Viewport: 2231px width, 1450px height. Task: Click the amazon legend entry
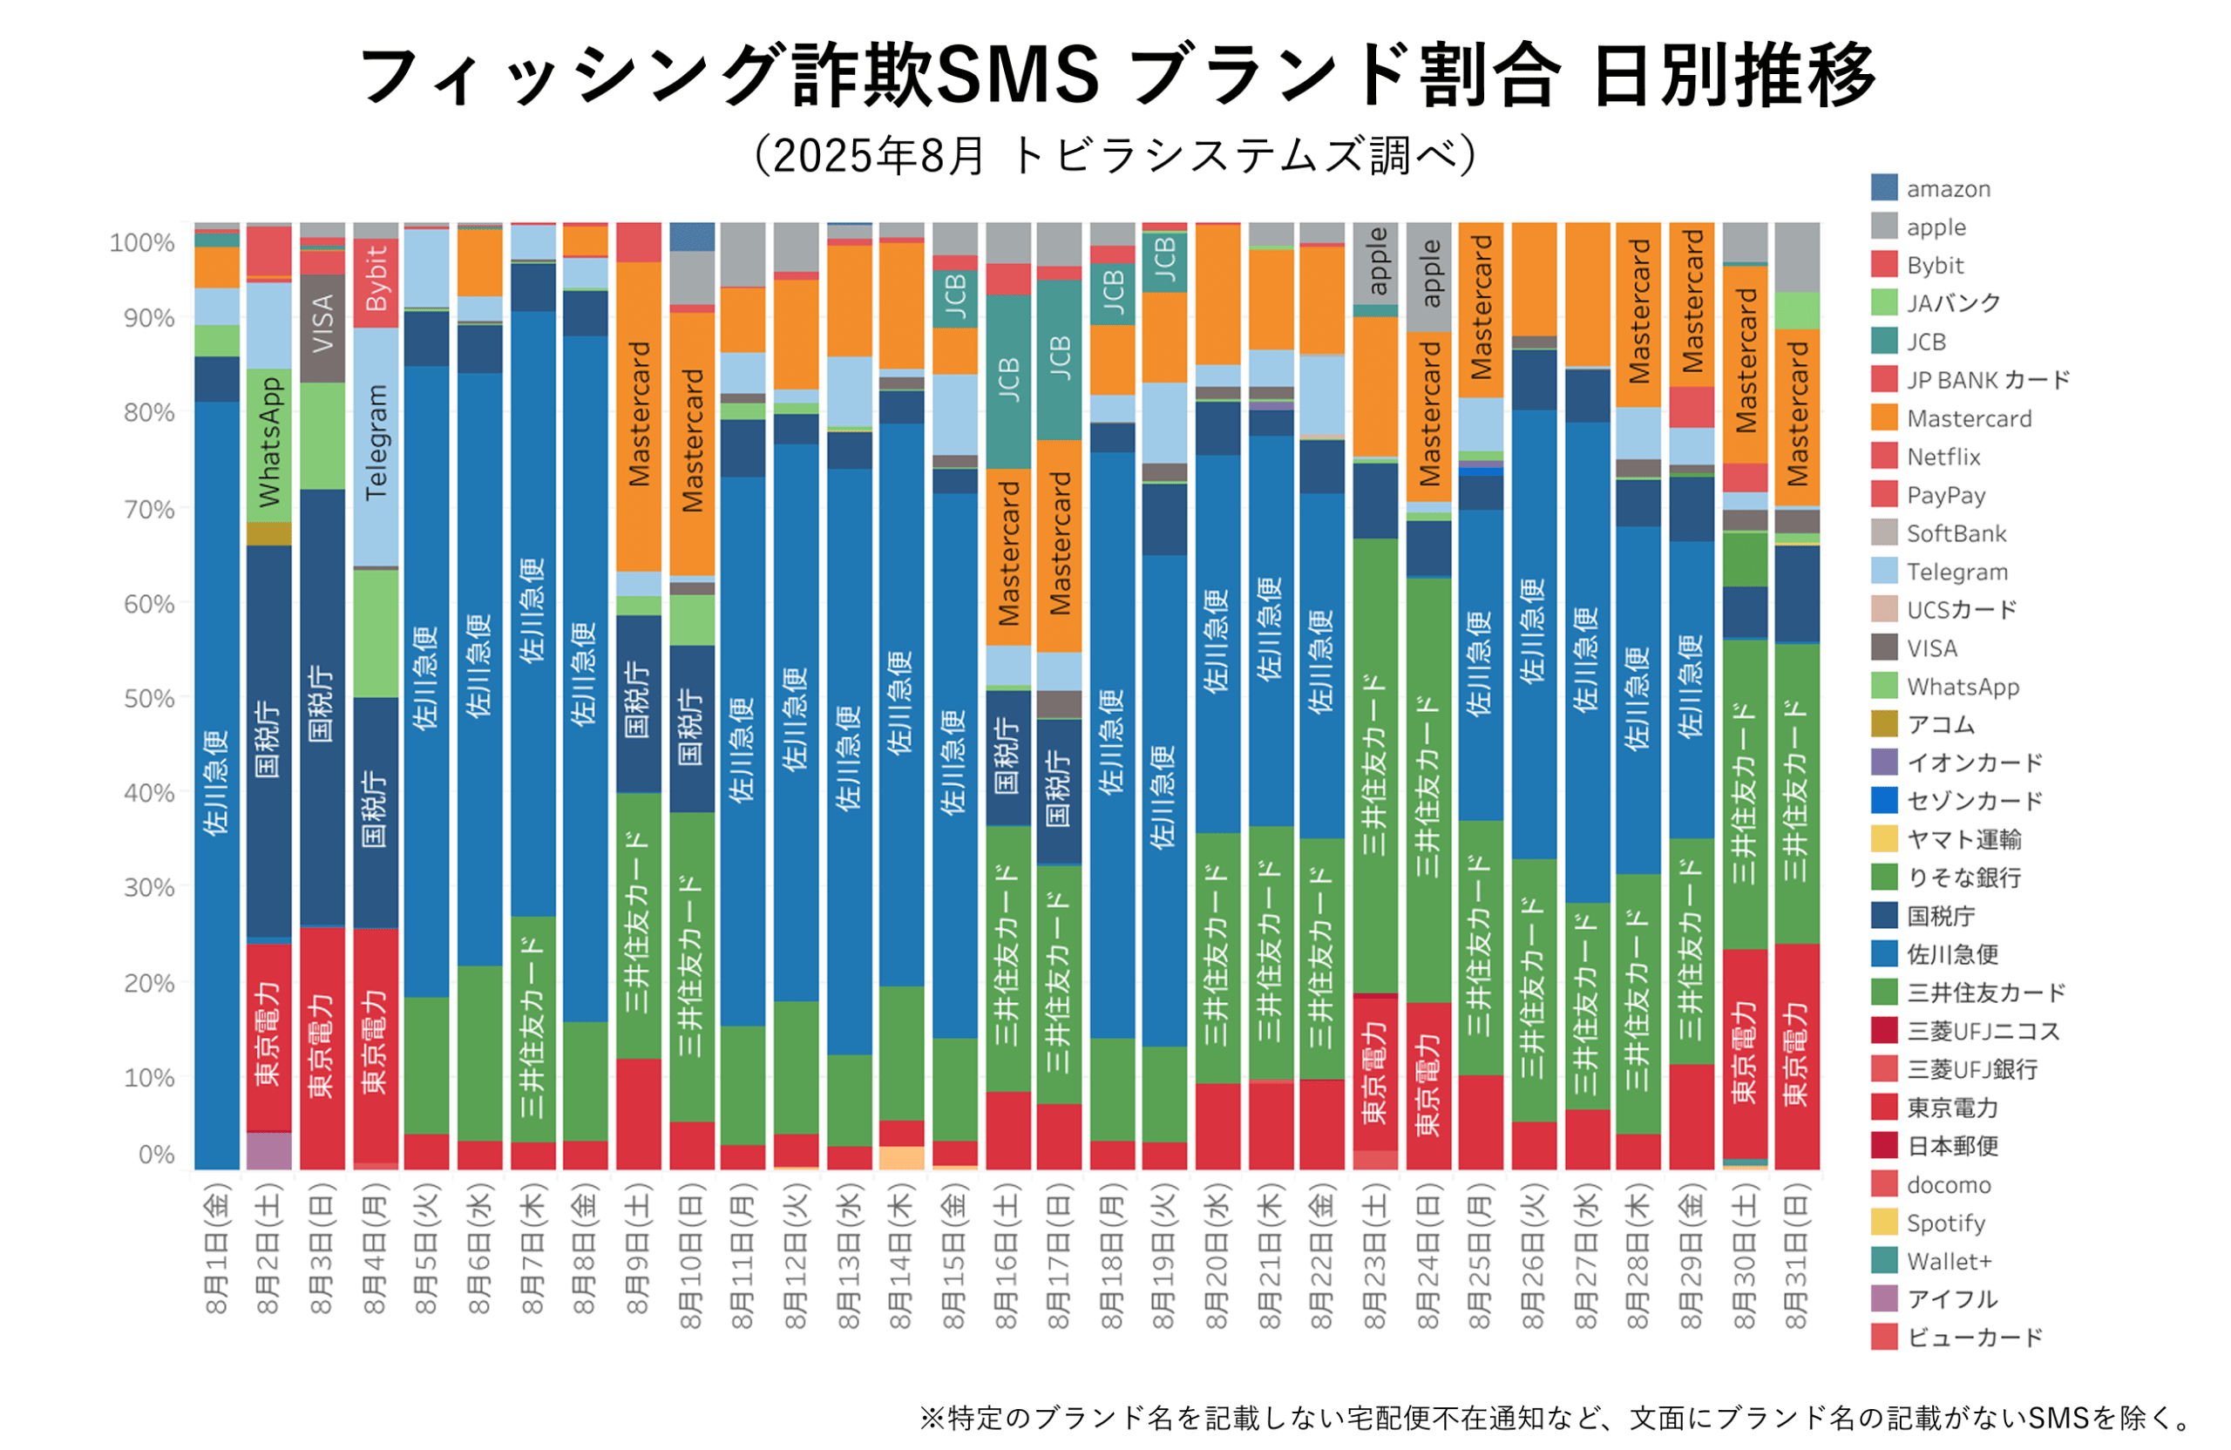(1947, 188)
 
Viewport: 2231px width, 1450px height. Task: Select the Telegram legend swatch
(1884, 571)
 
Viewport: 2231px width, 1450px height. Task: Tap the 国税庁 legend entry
(1939, 916)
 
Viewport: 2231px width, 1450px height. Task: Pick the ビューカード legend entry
(1973, 1337)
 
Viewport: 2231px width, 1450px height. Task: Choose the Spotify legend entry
(1944, 1223)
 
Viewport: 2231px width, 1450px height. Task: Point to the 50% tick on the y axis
(149, 698)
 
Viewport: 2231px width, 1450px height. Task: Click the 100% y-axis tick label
(142, 243)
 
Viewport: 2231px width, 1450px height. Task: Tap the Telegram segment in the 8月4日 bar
(376, 446)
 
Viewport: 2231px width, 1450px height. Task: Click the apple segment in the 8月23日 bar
(1375, 262)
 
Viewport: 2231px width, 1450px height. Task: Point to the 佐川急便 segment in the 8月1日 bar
(216, 783)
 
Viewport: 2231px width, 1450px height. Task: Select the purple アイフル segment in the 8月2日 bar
(269, 1150)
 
